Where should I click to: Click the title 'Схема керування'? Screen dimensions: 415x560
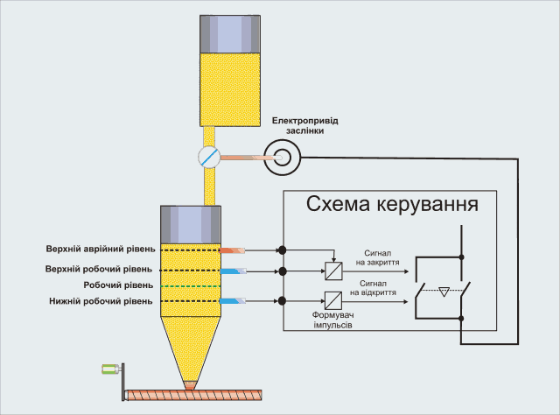click(391, 205)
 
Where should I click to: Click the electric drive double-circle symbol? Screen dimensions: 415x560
click(282, 158)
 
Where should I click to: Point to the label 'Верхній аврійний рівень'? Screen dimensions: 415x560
click(105, 250)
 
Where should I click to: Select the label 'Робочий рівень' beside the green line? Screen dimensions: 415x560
click(119, 285)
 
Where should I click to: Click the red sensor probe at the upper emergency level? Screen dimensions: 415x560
click(235, 250)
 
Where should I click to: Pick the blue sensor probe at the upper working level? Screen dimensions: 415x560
click(235, 271)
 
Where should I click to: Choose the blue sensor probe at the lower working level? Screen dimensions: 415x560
click(235, 301)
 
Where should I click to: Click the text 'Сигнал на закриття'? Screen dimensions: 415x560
click(378, 255)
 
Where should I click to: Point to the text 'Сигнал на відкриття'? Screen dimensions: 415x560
click(378, 290)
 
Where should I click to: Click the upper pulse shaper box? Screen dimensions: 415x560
click(332, 270)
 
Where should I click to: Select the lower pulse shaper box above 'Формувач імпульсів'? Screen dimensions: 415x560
click(332, 300)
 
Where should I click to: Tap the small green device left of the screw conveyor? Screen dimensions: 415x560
click(110, 369)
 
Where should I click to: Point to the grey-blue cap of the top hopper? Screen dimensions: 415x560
click(231, 32)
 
